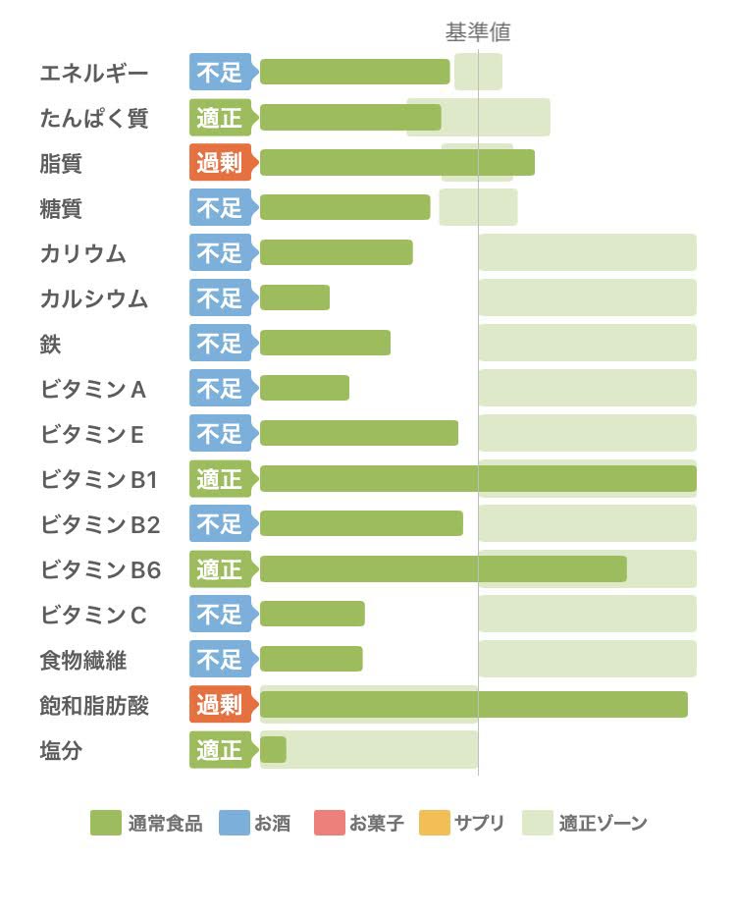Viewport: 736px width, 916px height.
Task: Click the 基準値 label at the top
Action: pyautogui.click(x=478, y=32)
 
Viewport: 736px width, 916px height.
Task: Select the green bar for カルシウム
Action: pyautogui.click(x=294, y=297)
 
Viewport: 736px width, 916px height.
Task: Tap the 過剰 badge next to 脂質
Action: pyautogui.click(x=220, y=163)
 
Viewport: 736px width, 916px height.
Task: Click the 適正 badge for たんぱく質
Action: pyautogui.click(x=220, y=118)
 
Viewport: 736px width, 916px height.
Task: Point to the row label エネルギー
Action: pyautogui.click(x=94, y=73)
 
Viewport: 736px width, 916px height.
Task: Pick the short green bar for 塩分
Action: pyautogui.click(x=273, y=750)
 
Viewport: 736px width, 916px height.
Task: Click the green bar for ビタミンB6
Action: pyautogui.click(x=443, y=568)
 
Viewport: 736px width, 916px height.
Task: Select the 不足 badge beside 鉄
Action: pyautogui.click(x=220, y=344)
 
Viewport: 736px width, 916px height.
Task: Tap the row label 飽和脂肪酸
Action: pyautogui.click(x=94, y=705)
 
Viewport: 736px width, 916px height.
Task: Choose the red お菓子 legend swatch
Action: pyautogui.click(x=330, y=823)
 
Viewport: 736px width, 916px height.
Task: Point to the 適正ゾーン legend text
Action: pyautogui.click(x=603, y=824)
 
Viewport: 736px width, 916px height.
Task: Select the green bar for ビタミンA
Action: pyautogui.click(x=304, y=388)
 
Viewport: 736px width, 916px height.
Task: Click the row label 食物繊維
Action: pyautogui.click(x=83, y=660)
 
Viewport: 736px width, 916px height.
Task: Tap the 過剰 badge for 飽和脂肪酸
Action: pyautogui.click(x=220, y=705)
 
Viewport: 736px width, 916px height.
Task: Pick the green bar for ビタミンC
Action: pyautogui.click(x=312, y=614)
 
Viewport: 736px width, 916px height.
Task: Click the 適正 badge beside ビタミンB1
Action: pyautogui.click(x=220, y=479)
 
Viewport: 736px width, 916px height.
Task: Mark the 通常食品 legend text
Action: pyautogui.click(x=165, y=824)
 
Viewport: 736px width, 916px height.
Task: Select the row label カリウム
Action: pyautogui.click(x=83, y=253)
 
